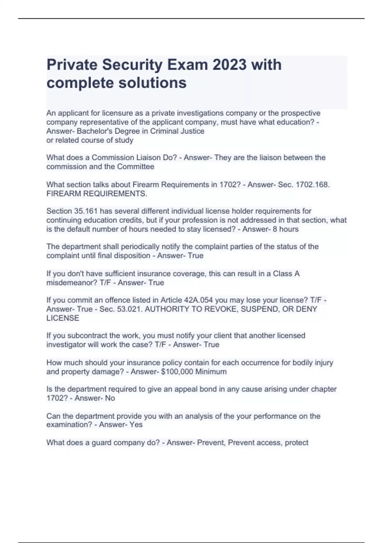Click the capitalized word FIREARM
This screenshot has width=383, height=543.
(64, 194)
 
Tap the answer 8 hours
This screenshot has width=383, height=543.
(286, 229)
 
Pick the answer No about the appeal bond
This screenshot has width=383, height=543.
(110, 398)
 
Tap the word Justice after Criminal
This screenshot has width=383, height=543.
(191, 131)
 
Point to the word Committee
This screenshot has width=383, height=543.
(135, 167)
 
